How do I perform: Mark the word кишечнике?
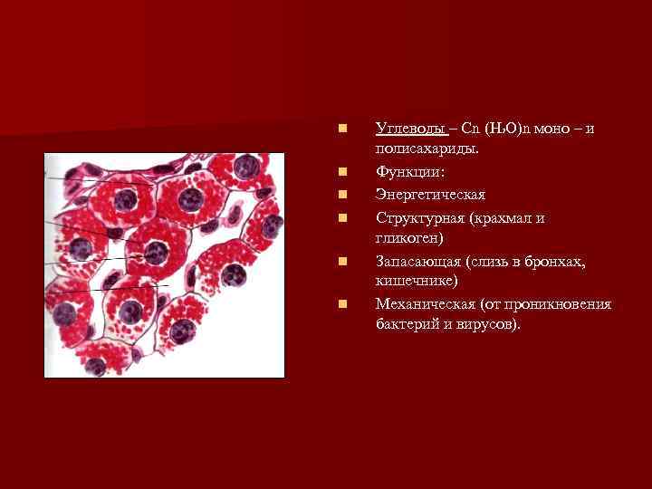click(x=416, y=282)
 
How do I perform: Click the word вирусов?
click(x=486, y=324)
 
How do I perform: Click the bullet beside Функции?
click(x=341, y=171)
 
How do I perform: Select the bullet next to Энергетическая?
click(x=341, y=194)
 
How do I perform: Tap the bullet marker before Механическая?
click(x=341, y=304)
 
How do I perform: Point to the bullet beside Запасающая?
click(x=341, y=261)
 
